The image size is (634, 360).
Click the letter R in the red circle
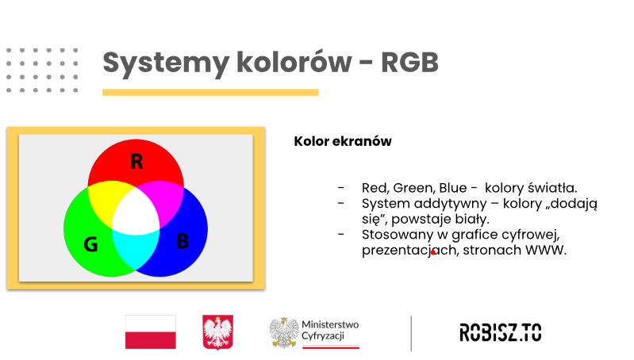(x=136, y=162)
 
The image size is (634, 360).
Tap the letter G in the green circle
(x=90, y=244)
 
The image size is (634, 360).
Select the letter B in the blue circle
(x=183, y=241)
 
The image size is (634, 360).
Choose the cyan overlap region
(x=136, y=248)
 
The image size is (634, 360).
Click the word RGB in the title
(x=409, y=63)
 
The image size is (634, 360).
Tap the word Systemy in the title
(x=167, y=64)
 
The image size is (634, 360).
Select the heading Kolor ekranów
(x=343, y=141)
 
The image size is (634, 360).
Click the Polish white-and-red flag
(x=151, y=331)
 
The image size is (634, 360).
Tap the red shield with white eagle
(x=218, y=332)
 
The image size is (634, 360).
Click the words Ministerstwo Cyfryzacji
(x=330, y=330)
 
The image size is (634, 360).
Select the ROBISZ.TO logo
(x=501, y=332)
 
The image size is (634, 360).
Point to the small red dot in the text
(x=432, y=252)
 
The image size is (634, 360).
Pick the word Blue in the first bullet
(x=453, y=188)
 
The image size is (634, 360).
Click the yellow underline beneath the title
(x=210, y=93)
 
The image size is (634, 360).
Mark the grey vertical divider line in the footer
(x=411, y=333)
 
